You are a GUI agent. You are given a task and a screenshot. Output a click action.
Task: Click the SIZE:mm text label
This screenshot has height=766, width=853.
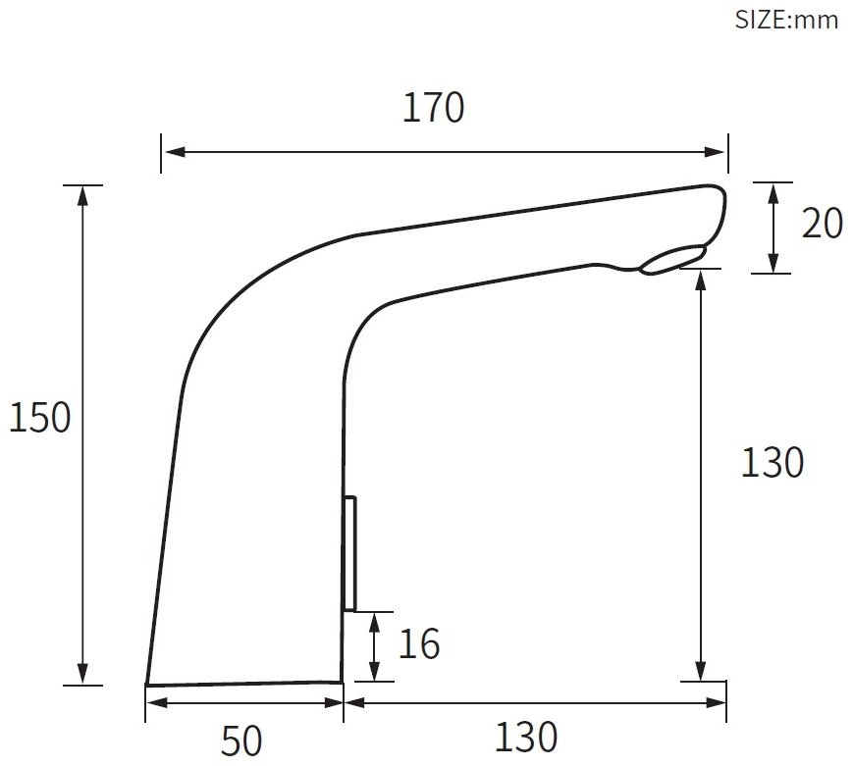coord(786,21)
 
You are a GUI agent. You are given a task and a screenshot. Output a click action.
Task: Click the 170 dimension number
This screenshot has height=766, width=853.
coord(433,108)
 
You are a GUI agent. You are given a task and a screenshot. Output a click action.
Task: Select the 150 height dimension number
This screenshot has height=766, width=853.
coord(39,418)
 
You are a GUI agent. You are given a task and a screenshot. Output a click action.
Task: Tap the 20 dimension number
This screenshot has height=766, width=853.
coord(822,223)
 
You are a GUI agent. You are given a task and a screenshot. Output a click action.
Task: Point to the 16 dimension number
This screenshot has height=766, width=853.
coord(419,644)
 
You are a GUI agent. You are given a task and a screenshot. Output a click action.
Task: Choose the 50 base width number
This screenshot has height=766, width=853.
coord(241,740)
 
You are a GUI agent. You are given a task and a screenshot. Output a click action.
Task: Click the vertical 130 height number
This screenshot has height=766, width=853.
coord(772,462)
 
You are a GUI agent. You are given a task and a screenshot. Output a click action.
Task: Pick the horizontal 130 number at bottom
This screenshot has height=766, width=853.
coord(526,737)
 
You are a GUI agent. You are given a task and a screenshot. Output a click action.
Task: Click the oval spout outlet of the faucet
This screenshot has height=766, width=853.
coord(673,259)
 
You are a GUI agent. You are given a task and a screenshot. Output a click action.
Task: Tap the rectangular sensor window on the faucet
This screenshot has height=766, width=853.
coord(349,553)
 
